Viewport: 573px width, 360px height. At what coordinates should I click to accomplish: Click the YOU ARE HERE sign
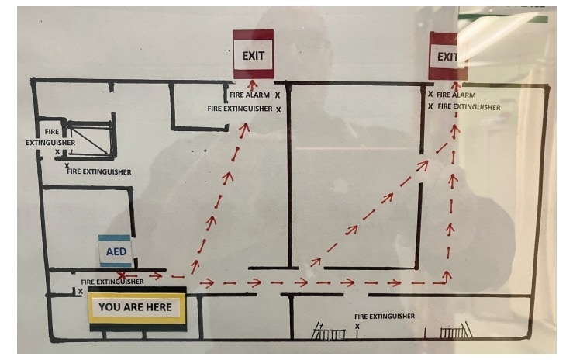tap(136, 307)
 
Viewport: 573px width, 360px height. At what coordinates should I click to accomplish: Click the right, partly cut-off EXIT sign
tap(447, 56)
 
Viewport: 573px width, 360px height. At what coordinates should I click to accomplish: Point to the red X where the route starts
tap(122, 275)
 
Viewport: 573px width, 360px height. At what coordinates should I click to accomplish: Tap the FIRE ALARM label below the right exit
tap(457, 95)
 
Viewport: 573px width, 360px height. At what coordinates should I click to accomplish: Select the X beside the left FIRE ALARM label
tap(277, 95)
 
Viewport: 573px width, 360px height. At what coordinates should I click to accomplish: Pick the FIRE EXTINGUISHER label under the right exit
tap(468, 106)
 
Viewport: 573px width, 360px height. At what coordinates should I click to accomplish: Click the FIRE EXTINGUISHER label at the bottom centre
tap(384, 317)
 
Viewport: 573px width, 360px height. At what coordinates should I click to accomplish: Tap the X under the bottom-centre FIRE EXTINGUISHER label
tap(357, 327)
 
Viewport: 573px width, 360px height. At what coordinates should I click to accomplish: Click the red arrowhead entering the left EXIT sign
tap(251, 82)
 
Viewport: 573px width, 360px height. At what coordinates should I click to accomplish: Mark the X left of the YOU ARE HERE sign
tap(80, 292)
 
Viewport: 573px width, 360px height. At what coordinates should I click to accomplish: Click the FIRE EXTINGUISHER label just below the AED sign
tap(112, 282)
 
